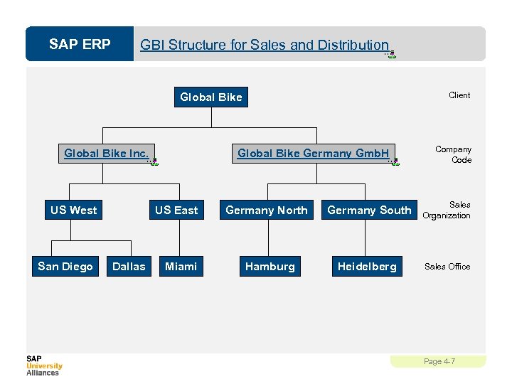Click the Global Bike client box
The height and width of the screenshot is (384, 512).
(211, 97)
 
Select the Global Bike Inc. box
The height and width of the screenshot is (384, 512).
(107, 153)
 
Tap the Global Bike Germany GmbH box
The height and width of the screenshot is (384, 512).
(314, 153)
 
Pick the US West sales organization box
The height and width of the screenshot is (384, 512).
(74, 210)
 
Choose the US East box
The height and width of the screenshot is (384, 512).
(176, 210)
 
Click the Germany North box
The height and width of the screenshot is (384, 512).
(267, 210)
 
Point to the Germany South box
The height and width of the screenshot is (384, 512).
(369, 210)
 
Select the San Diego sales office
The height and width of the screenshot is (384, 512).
(65, 267)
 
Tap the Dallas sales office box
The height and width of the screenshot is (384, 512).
(129, 267)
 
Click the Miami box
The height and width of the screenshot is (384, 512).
(181, 267)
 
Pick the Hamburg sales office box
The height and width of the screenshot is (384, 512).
(270, 267)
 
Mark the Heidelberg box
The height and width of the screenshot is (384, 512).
(367, 267)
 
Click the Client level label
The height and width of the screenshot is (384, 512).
(459, 95)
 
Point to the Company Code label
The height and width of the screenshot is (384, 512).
(454, 154)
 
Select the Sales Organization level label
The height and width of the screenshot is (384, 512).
(447, 210)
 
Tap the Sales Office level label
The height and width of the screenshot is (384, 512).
(447, 267)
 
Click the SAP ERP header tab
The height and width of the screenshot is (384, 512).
(80, 45)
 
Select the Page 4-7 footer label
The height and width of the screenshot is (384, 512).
(439, 361)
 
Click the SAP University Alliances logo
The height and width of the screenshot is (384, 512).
(44, 365)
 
